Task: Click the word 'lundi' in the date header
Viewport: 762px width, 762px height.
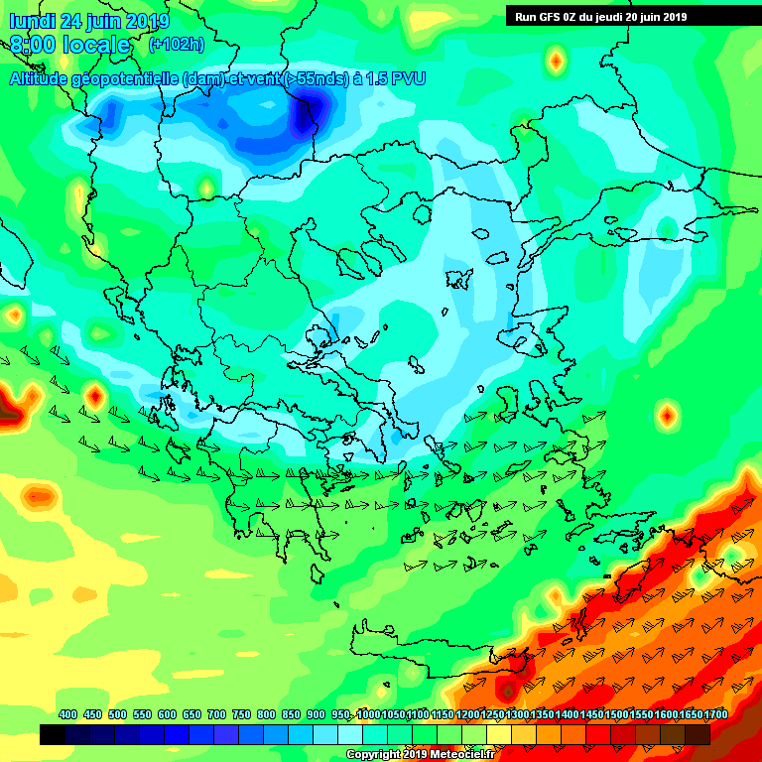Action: point(31,21)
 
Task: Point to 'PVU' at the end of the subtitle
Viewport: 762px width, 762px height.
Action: point(408,79)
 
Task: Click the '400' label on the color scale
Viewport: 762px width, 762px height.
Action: point(68,715)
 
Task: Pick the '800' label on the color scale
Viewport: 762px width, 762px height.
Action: point(266,715)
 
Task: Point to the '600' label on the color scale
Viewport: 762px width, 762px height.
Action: point(167,715)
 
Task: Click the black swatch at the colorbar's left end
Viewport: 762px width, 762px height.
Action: point(53,735)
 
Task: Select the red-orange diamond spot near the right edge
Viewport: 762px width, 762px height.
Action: point(667,414)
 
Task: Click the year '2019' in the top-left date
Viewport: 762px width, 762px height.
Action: point(148,21)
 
